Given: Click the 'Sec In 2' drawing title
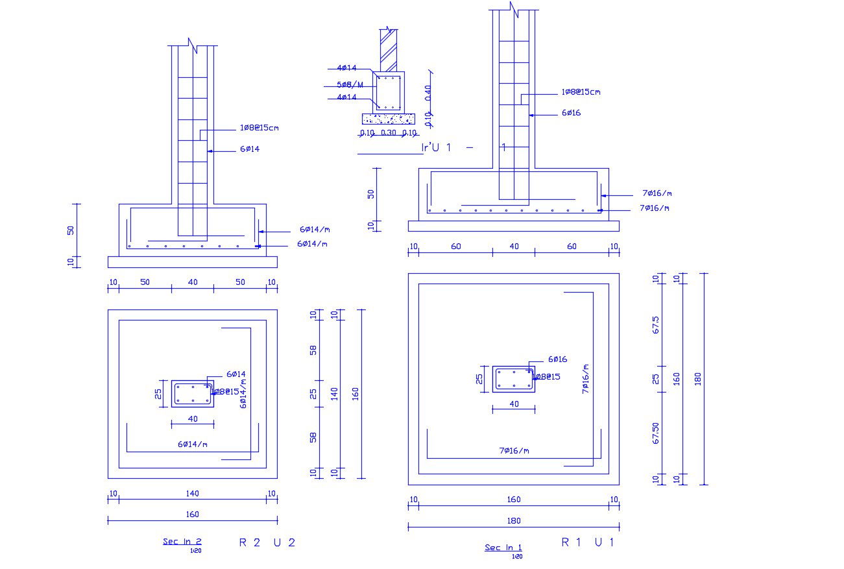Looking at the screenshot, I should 182,542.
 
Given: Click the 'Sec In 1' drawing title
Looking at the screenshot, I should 503,548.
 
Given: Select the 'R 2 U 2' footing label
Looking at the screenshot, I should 267,543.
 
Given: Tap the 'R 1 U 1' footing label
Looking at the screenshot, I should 587,543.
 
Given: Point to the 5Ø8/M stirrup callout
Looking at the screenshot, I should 350,85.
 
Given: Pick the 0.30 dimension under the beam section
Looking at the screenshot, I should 388,133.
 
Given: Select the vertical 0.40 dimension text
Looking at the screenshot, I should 428,92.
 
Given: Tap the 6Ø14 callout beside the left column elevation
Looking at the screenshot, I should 250,149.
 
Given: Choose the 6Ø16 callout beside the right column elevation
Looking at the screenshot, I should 571,113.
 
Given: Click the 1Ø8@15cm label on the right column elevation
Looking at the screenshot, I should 581,92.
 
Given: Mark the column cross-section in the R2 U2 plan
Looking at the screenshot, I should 193,394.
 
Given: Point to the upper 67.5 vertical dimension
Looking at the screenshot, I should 656,325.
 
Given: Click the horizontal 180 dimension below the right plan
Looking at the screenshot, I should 513,520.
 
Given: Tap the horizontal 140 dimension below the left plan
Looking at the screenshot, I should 193,494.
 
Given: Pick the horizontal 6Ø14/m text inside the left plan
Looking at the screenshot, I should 193,444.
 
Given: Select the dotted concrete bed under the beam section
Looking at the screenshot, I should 388,119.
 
